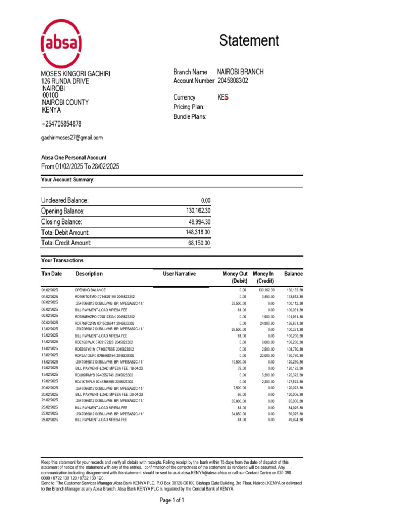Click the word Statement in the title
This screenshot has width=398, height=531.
pyautogui.click(x=249, y=41)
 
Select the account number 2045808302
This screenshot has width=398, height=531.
pyautogui.click(x=233, y=81)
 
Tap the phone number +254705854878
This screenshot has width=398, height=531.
pyautogui.click(x=61, y=124)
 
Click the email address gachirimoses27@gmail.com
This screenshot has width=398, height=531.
pyautogui.click(x=72, y=138)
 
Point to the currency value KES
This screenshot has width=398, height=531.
pyautogui.click(x=223, y=97)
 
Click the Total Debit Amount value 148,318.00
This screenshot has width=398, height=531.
pyautogui.click(x=197, y=233)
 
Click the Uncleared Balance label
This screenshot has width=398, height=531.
pyautogui.click(x=65, y=201)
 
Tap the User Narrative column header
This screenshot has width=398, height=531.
pyautogui.click(x=179, y=274)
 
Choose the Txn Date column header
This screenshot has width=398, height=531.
pyautogui.click(x=51, y=274)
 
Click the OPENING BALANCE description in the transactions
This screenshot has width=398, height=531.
pyautogui.click(x=90, y=290)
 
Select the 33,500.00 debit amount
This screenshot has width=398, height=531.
pyautogui.click(x=238, y=303)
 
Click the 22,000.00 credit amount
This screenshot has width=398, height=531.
pyautogui.click(x=266, y=356)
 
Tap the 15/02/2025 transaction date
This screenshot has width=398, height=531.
pyautogui.click(x=50, y=355)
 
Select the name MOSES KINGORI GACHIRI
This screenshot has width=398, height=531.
pyautogui.click(x=76, y=74)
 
